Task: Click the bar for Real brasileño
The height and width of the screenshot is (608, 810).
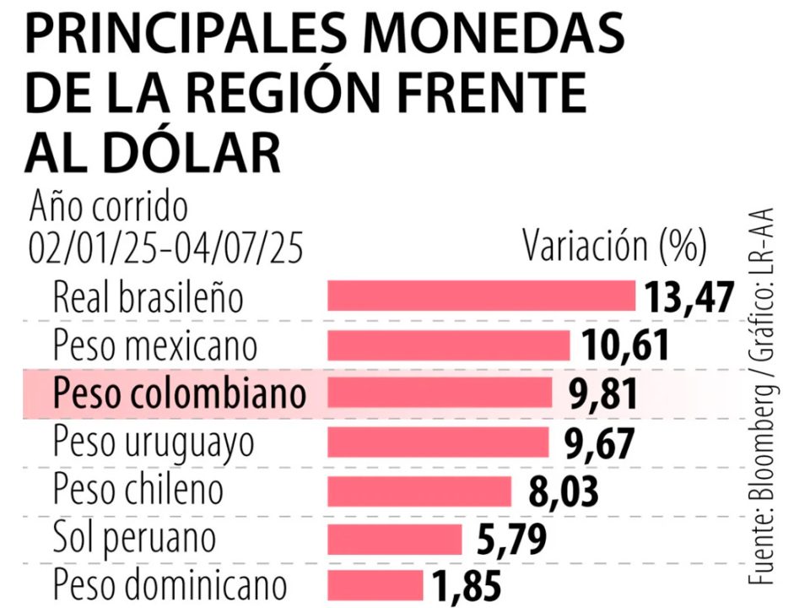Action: pyautogui.click(x=481, y=296)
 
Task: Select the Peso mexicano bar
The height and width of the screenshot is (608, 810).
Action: pyautogui.click(x=448, y=345)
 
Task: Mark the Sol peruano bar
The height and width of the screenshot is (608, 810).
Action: pyautogui.click(x=395, y=538)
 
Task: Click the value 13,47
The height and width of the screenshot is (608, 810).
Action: pyautogui.click(x=688, y=297)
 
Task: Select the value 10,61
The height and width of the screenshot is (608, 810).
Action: pyautogui.click(x=624, y=345)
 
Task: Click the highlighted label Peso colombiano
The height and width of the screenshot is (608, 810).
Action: pyautogui.click(x=179, y=394)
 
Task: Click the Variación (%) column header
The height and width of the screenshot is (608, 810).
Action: pyautogui.click(x=614, y=247)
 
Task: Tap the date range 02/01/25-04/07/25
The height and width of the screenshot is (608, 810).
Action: pyautogui.click(x=165, y=247)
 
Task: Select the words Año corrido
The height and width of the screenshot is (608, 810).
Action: pyautogui.click(x=109, y=207)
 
